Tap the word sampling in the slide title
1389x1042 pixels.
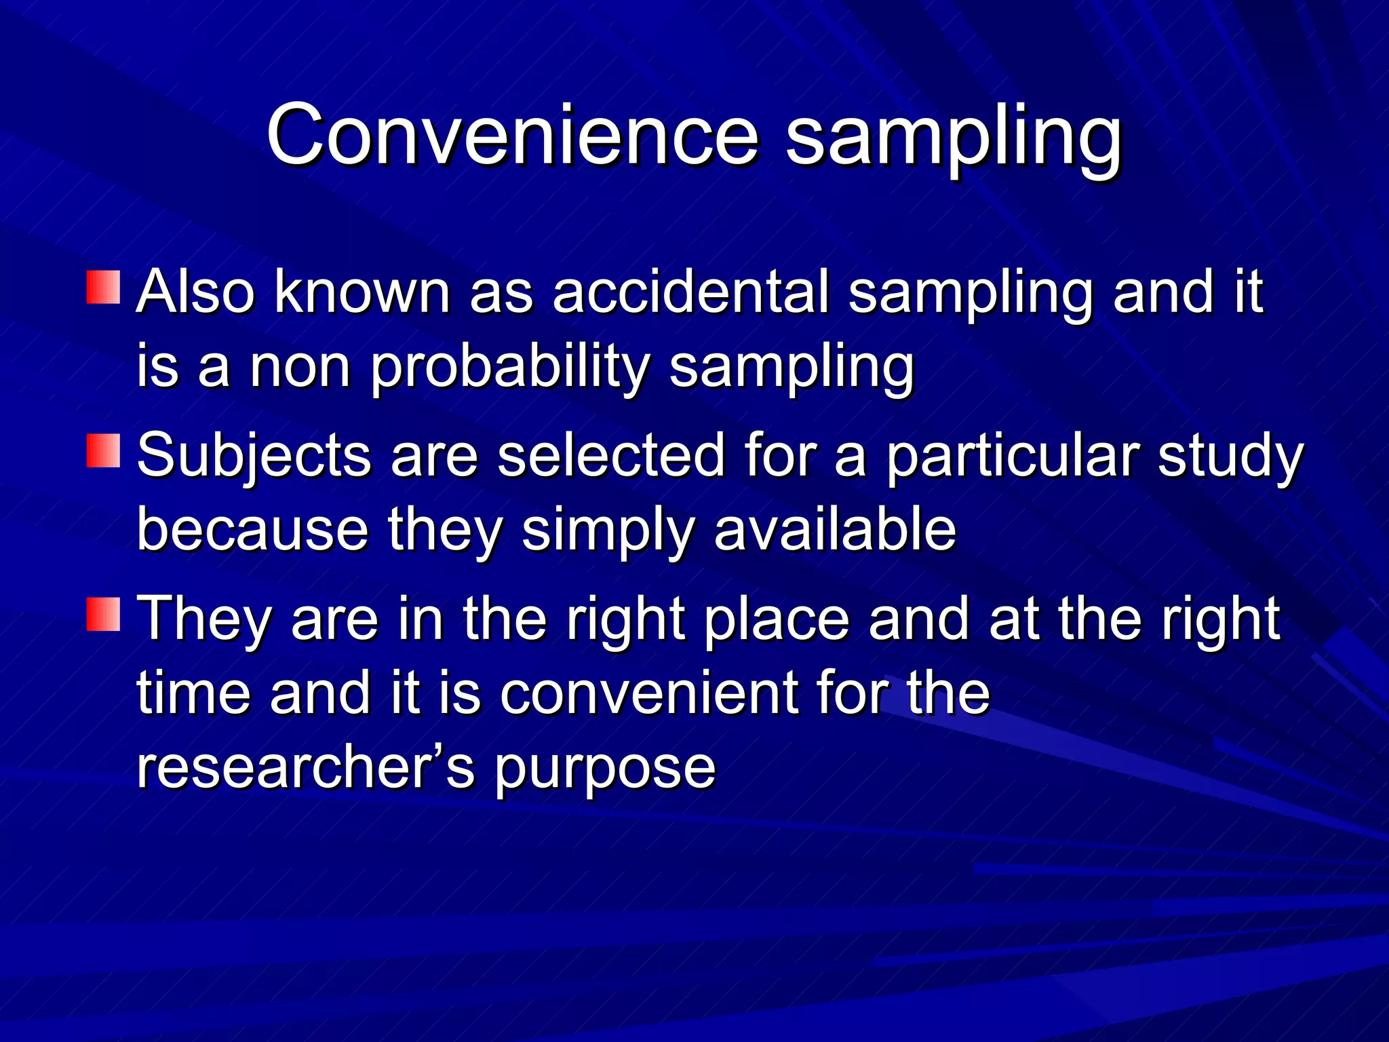[x=953, y=139]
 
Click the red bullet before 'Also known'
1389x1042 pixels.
[x=103, y=288]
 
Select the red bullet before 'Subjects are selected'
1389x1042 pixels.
[x=103, y=451]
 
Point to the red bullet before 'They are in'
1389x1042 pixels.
[x=103, y=615]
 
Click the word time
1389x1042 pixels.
[x=193, y=693]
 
